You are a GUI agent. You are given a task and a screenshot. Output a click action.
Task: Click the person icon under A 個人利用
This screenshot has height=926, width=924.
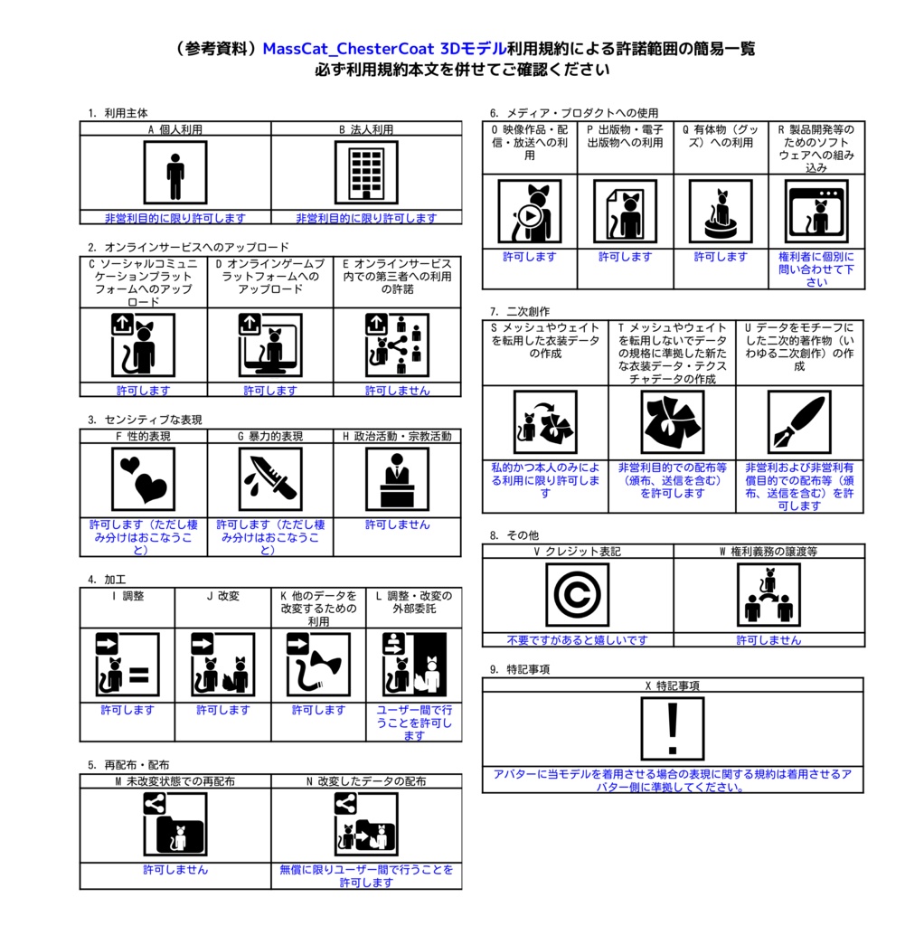(x=174, y=173)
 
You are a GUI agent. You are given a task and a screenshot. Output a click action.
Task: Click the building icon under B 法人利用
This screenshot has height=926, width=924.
(x=366, y=173)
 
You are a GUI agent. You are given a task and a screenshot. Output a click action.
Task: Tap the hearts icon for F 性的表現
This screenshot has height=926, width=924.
(x=143, y=479)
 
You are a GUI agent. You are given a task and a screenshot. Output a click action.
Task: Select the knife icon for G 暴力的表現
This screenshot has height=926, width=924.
(x=270, y=479)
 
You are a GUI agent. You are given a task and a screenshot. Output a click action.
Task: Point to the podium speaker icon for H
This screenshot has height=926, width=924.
(x=397, y=479)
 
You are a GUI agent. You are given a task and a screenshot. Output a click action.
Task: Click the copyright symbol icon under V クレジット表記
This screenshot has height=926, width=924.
(x=577, y=595)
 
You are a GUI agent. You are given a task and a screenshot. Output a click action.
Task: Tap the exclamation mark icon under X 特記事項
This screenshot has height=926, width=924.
(x=673, y=728)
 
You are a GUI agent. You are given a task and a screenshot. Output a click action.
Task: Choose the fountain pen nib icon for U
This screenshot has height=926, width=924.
(x=798, y=422)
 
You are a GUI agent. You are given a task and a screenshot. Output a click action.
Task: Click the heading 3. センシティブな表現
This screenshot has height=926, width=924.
(x=145, y=420)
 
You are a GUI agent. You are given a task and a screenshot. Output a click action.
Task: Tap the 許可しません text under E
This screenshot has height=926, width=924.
(x=397, y=391)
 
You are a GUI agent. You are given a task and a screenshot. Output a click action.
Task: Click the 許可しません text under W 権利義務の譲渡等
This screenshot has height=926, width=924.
(x=768, y=640)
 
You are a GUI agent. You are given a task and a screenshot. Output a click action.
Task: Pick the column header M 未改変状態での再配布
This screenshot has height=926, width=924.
(x=174, y=780)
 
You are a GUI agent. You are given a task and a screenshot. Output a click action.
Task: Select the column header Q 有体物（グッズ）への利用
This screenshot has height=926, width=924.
(x=721, y=136)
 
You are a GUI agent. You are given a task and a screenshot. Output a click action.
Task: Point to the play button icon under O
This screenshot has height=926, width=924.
(x=528, y=217)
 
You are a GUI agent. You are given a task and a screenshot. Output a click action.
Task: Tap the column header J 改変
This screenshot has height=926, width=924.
(x=222, y=596)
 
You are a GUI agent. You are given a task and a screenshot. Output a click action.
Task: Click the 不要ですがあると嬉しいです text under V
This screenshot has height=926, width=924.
(x=577, y=640)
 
